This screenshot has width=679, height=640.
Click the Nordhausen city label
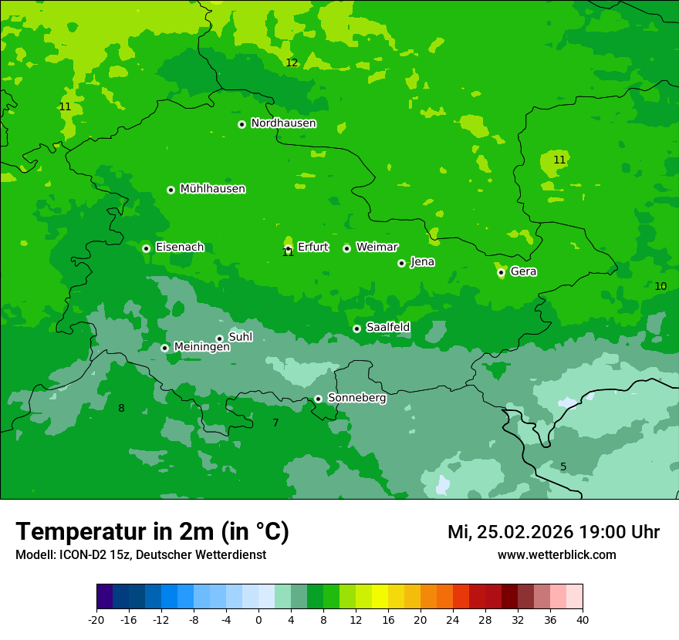point(283,123)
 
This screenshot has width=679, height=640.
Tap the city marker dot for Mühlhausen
point(171,190)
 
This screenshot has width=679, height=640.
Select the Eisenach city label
point(180,248)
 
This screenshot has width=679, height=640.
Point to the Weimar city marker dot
point(346,248)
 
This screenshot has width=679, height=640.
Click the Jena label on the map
point(422,262)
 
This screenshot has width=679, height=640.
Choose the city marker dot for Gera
point(501,272)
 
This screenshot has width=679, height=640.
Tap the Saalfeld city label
point(387,328)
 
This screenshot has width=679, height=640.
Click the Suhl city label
point(241,337)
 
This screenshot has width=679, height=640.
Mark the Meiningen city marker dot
point(164,348)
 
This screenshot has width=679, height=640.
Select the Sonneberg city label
point(356,398)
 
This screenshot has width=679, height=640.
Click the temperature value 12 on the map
point(292,63)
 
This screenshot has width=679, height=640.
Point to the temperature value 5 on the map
point(563,467)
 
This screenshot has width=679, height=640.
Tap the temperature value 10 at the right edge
point(660,287)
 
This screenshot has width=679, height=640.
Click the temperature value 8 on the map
point(121,409)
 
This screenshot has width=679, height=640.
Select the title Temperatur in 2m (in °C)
point(152,532)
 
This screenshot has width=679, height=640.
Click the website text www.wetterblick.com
point(556,555)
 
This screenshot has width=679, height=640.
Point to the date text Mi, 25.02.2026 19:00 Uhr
point(553,532)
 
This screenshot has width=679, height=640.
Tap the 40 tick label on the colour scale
point(583,619)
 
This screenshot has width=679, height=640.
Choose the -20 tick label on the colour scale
point(96,619)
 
